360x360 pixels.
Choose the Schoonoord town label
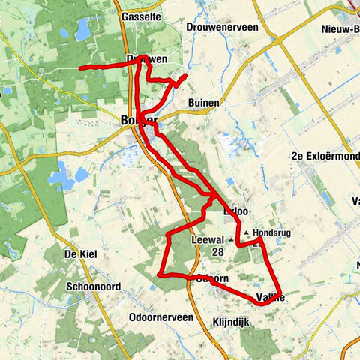click(93, 286)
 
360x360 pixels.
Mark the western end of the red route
click(81, 68)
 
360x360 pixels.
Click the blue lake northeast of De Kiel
click(61, 178)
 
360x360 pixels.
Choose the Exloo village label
click(235, 211)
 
